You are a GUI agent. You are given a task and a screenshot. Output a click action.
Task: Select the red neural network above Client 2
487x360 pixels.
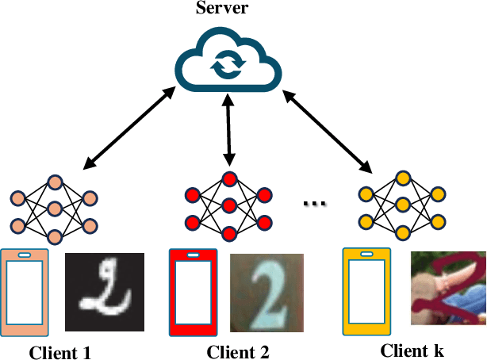[228, 205]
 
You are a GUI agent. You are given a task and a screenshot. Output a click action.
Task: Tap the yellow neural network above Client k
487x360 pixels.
[403, 205]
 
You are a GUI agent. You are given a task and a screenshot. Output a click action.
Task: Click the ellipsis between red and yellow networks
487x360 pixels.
[316, 203]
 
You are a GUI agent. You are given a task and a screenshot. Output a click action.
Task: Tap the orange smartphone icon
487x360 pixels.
[25, 293]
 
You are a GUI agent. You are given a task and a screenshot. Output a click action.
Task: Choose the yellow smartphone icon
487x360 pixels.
[367, 293]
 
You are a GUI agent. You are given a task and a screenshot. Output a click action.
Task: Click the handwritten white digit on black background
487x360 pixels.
[104, 291]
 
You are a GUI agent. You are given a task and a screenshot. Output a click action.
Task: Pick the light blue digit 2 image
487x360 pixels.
[267, 293]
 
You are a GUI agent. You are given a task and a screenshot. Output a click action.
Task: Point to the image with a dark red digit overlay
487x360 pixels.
[448, 289]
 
